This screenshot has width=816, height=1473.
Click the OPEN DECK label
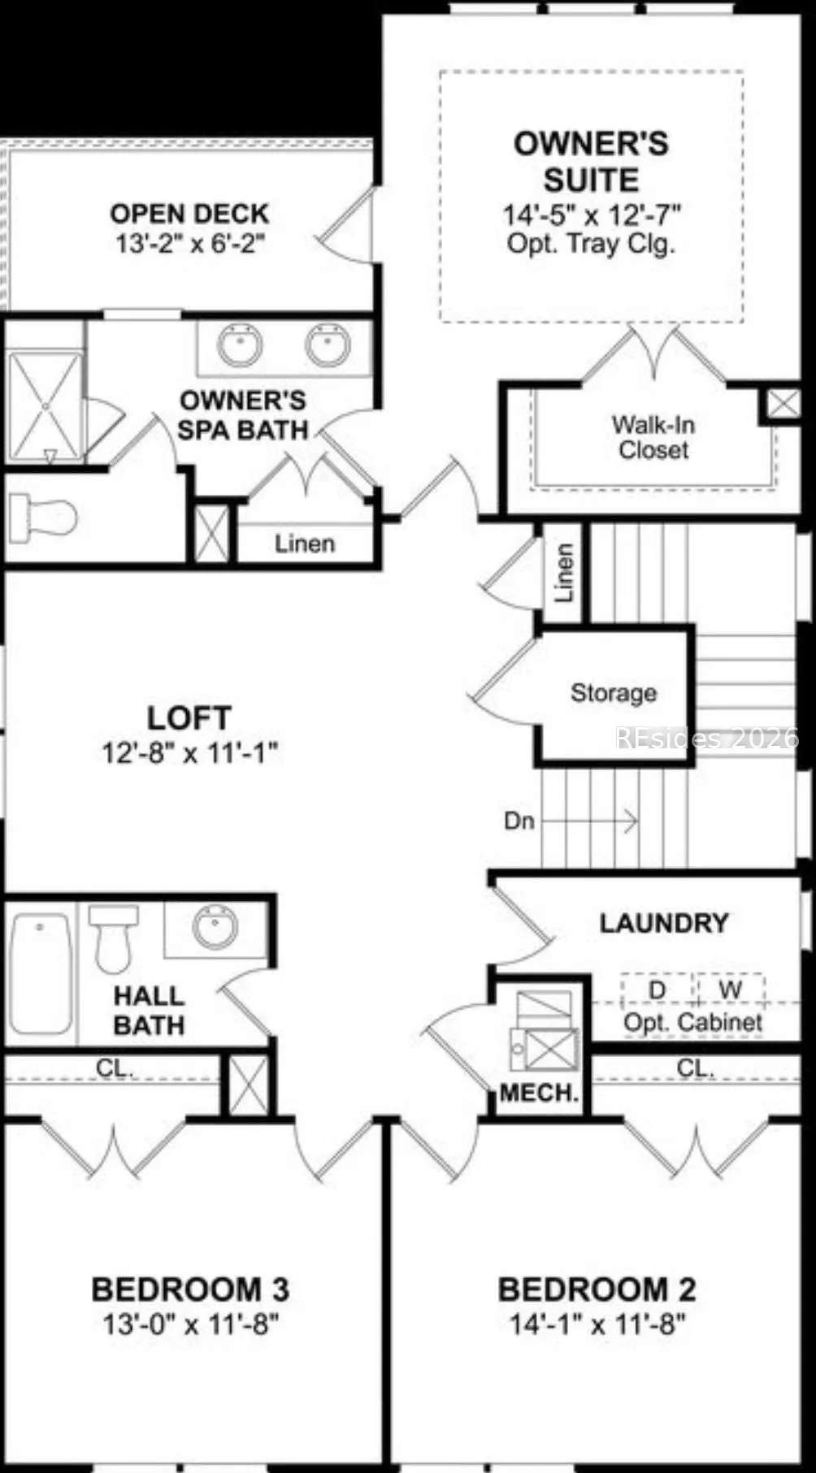189,214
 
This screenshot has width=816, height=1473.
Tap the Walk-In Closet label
653,437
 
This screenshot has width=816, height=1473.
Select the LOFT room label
189,718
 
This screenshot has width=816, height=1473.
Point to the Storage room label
614,693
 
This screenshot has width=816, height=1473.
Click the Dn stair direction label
519,821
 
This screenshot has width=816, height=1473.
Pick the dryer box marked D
658,990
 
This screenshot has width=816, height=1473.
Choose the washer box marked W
730,990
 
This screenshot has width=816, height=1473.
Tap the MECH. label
540,1093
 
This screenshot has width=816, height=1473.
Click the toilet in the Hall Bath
110,938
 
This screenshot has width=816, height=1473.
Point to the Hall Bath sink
216,927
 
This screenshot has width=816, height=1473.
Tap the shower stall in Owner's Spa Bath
46,405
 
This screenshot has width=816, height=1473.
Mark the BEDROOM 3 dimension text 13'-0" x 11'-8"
191,1324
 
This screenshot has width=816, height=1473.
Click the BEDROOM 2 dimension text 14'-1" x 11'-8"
597,1324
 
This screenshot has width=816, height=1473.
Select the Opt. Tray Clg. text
591,244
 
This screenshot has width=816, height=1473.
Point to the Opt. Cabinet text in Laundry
692,1023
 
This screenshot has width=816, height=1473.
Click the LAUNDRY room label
664,923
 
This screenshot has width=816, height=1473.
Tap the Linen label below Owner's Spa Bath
305,543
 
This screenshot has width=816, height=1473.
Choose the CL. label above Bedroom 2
696,1068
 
